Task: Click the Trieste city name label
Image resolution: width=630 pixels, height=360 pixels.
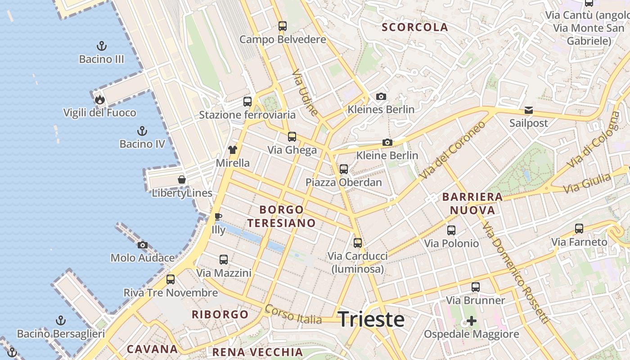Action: (x=371, y=319)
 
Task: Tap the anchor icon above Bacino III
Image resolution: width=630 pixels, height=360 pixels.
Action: (x=102, y=45)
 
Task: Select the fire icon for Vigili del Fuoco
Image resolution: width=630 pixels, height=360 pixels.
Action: (x=99, y=99)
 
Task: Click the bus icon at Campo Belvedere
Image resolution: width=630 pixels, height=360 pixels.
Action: (x=283, y=26)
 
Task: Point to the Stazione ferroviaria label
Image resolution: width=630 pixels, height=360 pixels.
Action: (x=247, y=115)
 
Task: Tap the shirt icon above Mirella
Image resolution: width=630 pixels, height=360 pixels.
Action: (x=232, y=149)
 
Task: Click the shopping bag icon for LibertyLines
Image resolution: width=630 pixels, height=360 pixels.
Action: (x=182, y=180)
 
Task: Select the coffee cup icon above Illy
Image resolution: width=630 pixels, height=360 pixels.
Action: (x=218, y=216)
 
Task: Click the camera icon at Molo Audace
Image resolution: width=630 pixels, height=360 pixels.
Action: (x=143, y=245)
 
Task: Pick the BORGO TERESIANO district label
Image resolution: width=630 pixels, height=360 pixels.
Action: (x=282, y=216)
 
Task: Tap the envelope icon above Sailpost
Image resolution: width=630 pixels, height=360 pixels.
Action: (x=528, y=110)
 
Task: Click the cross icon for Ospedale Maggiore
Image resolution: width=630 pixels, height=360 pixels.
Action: (x=472, y=321)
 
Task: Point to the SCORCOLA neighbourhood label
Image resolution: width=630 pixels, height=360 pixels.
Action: (x=415, y=27)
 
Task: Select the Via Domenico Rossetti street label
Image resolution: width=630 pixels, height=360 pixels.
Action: (x=516, y=272)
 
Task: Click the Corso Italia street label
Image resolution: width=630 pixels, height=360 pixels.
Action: (x=293, y=315)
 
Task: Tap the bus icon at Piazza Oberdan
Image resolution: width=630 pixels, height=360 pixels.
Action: (x=344, y=169)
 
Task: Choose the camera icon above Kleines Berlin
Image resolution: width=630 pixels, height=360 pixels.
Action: (x=381, y=96)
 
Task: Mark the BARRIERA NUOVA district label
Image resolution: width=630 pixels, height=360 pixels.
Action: (x=472, y=203)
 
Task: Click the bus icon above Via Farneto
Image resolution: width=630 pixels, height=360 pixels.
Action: (x=579, y=229)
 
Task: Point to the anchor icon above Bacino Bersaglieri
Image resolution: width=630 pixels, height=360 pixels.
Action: (x=61, y=320)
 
